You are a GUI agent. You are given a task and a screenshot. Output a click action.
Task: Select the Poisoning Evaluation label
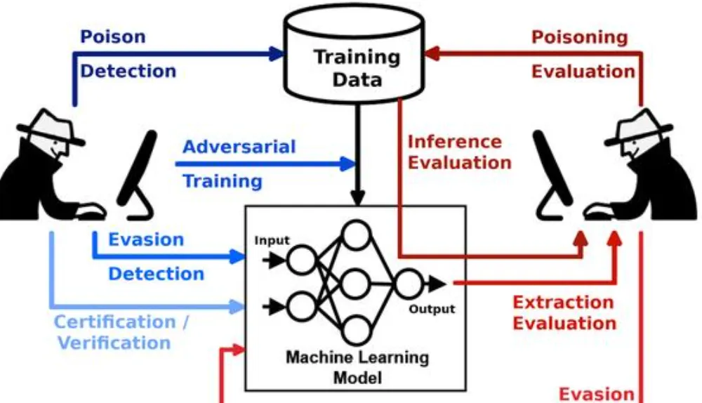[x=583, y=54]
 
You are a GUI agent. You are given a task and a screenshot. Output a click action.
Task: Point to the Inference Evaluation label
[x=459, y=152]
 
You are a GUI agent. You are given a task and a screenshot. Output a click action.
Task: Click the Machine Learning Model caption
[x=357, y=366]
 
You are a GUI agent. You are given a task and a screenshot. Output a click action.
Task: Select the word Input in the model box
[x=272, y=241]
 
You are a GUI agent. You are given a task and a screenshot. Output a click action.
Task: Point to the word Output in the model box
[x=432, y=309]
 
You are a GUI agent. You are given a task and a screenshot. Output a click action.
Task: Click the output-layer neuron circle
[x=408, y=284]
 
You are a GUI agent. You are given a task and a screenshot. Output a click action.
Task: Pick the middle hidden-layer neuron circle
[x=357, y=283]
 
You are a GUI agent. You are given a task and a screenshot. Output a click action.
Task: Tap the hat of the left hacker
[x=46, y=128]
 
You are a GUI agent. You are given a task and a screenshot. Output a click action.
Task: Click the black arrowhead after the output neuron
[x=438, y=284]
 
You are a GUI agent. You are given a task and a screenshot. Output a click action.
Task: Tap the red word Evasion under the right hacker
[x=596, y=394]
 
